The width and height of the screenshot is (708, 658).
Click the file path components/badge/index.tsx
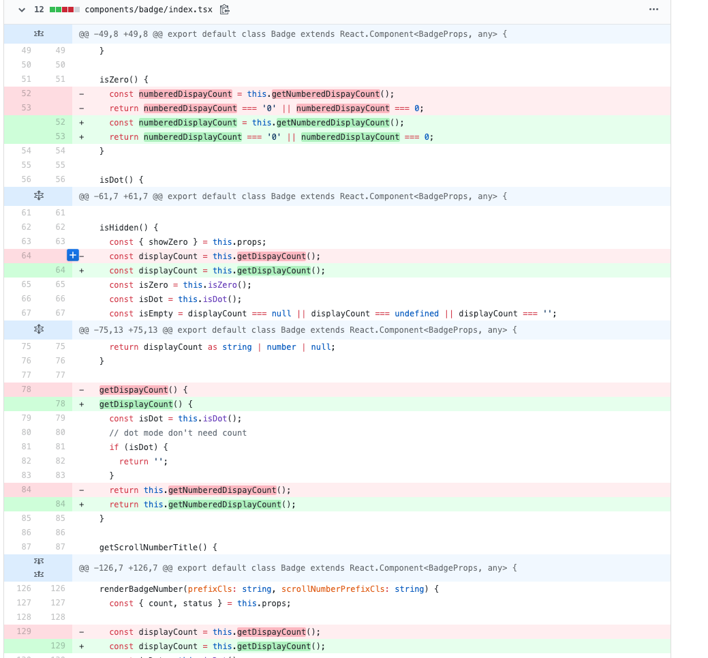pos(148,10)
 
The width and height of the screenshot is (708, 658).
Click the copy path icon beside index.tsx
pos(225,10)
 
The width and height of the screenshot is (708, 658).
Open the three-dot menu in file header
pos(653,10)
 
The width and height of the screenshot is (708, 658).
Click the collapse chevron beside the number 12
pos(22,10)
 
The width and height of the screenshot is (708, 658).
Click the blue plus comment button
pos(73,256)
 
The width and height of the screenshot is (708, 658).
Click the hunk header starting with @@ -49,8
pos(292,34)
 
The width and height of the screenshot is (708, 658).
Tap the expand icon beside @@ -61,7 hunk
pos(39,196)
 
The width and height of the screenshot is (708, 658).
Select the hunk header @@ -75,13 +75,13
pos(297,330)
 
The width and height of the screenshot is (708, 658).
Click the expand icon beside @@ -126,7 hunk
pos(39,567)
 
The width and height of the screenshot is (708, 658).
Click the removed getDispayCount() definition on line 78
pos(134,390)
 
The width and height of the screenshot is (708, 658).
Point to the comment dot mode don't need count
pos(178,433)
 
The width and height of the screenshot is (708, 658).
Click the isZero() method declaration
pos(123,79)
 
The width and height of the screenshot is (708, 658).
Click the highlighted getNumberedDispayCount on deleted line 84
pos(222,490)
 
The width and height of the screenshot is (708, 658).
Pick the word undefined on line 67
pos(416,314)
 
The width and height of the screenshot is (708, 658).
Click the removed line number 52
pos(26,93)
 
